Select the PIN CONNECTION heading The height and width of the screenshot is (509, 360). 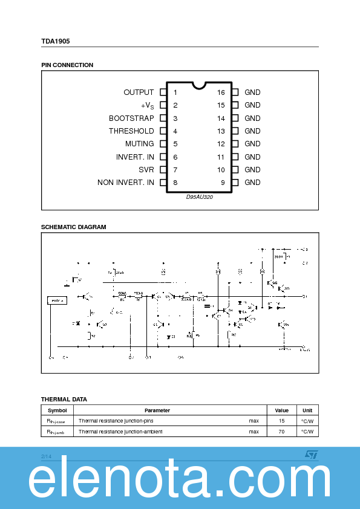tap(67, 65)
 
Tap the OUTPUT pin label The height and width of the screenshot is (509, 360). tap(139, 92)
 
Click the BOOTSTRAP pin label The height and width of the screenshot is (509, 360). tap(131, 118)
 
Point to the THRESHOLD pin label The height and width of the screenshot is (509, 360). tap(131, 131)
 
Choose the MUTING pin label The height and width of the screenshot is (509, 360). tap(139, 144)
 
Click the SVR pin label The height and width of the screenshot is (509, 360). tap(146, 170)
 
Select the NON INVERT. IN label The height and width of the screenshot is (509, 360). tap(126, 183)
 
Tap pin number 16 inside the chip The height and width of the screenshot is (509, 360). tap(221, 92)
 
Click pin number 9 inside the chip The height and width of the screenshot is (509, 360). tap(223, 183)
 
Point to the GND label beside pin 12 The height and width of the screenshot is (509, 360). tap(252, 144)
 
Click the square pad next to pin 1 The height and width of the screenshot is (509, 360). tap(163, 92)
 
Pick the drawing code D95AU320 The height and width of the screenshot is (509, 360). tap(199, 196)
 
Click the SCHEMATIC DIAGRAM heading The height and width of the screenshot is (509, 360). tap(73, 227)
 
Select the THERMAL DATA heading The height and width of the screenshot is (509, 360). tap(64, 399)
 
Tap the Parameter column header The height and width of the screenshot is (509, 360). tap(157, 410)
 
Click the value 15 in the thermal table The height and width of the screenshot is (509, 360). tap(281, 421)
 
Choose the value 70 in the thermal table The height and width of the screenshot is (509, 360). tap(281, 432)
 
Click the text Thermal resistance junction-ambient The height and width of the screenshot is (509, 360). tap(120, 432)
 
